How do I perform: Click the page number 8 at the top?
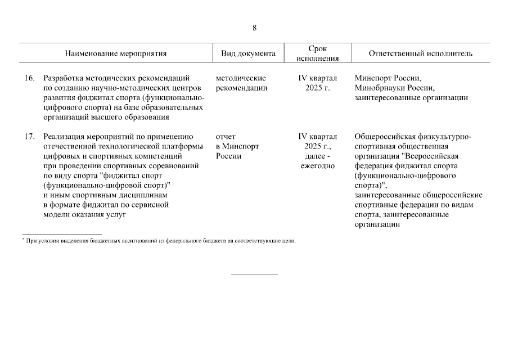(x=254, y=28)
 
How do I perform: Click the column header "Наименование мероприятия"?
(x=116, y=54)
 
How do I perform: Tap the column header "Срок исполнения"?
(x=317, y=53)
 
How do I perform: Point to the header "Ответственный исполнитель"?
(x=420, y=54)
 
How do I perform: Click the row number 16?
(x=29, y=78)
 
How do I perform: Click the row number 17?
(x=29, y=136)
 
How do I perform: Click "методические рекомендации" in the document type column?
(x=241, y=83)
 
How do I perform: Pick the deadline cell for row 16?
(x=317, y=83)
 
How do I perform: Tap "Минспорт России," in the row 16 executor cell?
(x=388, y=78)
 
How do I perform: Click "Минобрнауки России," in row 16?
(x=395, y=88)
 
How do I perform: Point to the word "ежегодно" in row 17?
(x=317, y=165)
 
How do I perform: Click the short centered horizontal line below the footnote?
(x=254, y=274)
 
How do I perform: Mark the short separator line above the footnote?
(x=62, y=234)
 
